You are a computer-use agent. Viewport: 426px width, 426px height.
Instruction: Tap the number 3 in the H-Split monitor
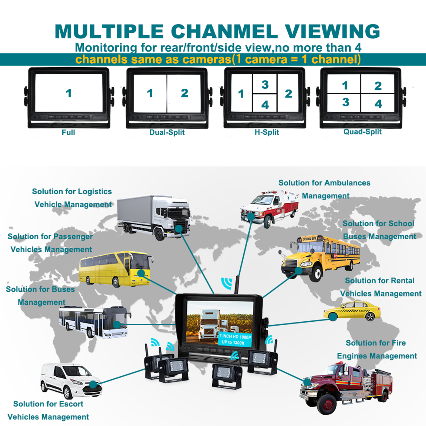pos(265,85)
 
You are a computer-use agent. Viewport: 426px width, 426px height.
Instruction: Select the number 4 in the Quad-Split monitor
pos(378,104)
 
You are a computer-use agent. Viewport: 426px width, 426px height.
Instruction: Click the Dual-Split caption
pos(167,132)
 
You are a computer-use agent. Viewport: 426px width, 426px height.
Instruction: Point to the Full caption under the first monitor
pos(68,132)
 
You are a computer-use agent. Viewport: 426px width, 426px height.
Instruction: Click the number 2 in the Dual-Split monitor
pos(184,93)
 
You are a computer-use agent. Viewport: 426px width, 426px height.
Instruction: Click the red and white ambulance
pos(270,208)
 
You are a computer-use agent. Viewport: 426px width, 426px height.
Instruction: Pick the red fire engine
pos(346,386)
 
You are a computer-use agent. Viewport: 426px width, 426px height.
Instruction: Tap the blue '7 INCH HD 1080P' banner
pos(235,339)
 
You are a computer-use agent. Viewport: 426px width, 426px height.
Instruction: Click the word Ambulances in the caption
pos(347,183)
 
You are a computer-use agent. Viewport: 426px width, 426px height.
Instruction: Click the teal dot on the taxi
pos(333,317)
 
